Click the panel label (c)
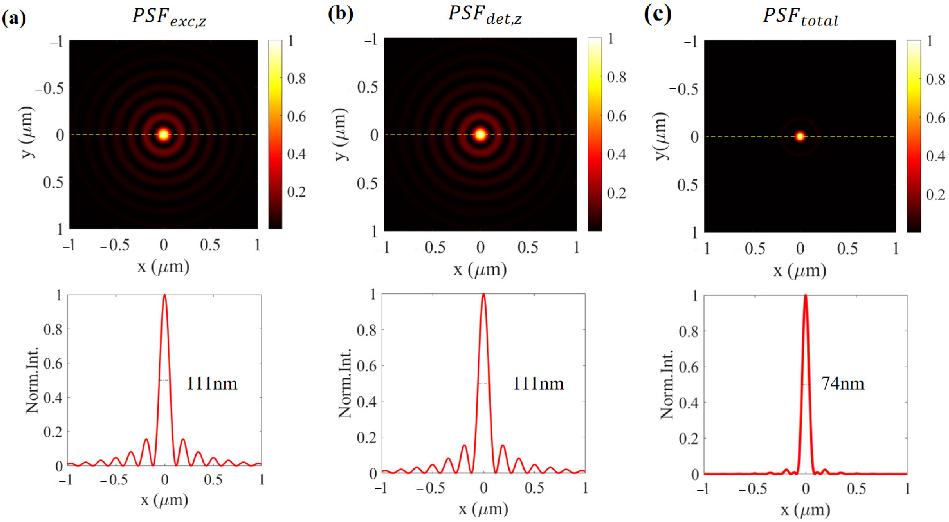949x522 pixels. (x=657, y=14)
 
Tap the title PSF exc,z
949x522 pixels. (x=169, y=17)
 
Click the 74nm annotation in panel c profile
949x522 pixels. (x=843, y=384)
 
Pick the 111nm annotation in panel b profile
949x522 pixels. (x=538, y=384)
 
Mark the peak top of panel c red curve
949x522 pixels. (x=805, y=296)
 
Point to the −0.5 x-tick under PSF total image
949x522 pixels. (x=750, y=249)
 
